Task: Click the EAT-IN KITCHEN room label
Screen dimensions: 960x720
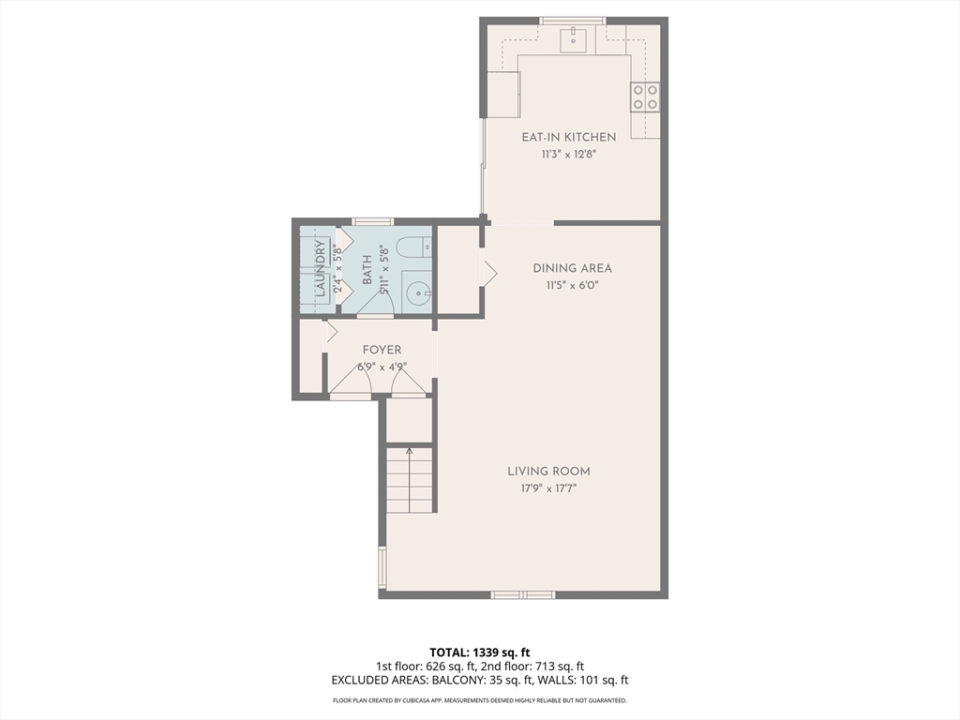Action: tap(568, 137)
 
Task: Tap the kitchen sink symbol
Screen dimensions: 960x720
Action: tap(573, 39)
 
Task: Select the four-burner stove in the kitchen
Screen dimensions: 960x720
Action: tap(645, 97)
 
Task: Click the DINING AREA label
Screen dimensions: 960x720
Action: tap(572, 268)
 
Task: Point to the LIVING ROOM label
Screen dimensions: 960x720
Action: tap(548, 472)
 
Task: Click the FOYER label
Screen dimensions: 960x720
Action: tap(382, 351)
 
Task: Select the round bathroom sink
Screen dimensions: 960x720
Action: tap(417, 292)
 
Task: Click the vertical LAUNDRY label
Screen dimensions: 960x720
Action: tap(320, 269)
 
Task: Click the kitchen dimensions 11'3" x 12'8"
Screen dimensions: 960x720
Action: tap(568, 155)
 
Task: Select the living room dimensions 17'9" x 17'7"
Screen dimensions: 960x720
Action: tap(548, 488)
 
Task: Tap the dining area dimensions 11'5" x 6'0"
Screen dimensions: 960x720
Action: tap(572, 285)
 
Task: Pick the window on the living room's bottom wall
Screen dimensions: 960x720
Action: tap(523, 594)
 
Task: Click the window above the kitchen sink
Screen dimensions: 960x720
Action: tap(573, 21)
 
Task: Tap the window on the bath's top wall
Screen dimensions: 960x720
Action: tap(373, 221)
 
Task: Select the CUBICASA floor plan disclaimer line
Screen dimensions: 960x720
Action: tap(479, 700)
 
